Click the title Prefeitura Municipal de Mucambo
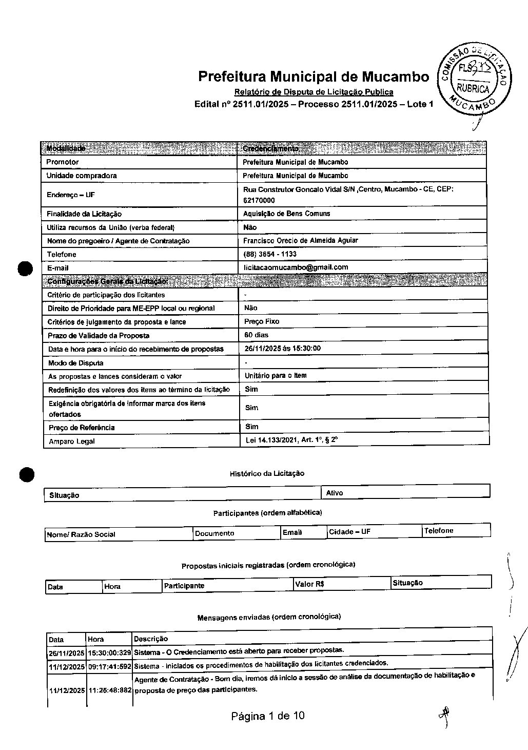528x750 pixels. [x=314, y=76]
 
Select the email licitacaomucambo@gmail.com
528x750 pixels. [x=296, y=267]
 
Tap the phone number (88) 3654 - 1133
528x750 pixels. [x=269, y=254]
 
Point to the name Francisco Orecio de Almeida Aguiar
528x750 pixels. [x=300, y=240]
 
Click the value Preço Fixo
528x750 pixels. [x=262, y=321]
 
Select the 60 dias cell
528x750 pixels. [x=256, y=335]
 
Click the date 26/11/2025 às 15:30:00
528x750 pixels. [x=282, y=348]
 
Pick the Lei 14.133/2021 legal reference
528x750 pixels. [x=291, y=440]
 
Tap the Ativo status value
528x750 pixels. [x=335, y=493]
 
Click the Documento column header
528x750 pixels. [x=214, y=533]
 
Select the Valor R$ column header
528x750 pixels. [x=309, y=584]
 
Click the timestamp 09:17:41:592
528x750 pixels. [x=109, y=666]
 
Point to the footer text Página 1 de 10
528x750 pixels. [x=268, y=716]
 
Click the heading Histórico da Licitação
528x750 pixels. [x=267, y=473]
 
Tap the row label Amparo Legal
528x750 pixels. [x=72, y=441]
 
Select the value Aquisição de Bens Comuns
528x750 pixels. [x=286, y=214]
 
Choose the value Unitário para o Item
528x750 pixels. [x=275, y=376]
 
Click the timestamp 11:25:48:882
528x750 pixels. [x=109, y=690]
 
